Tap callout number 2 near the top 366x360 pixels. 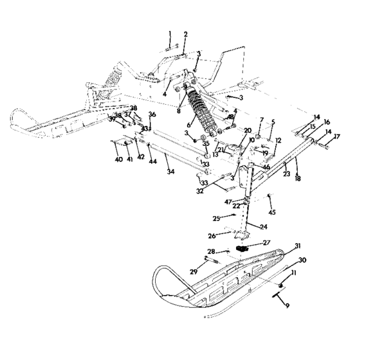(185, 34)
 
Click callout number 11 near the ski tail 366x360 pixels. (295, 273)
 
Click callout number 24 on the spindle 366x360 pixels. (264, 226)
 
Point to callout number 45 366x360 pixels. (272, 212)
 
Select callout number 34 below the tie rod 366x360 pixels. (170, 172)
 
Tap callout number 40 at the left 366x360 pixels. (118, 159)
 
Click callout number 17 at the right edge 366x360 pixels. (335, 136)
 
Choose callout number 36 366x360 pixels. (152, 114)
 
